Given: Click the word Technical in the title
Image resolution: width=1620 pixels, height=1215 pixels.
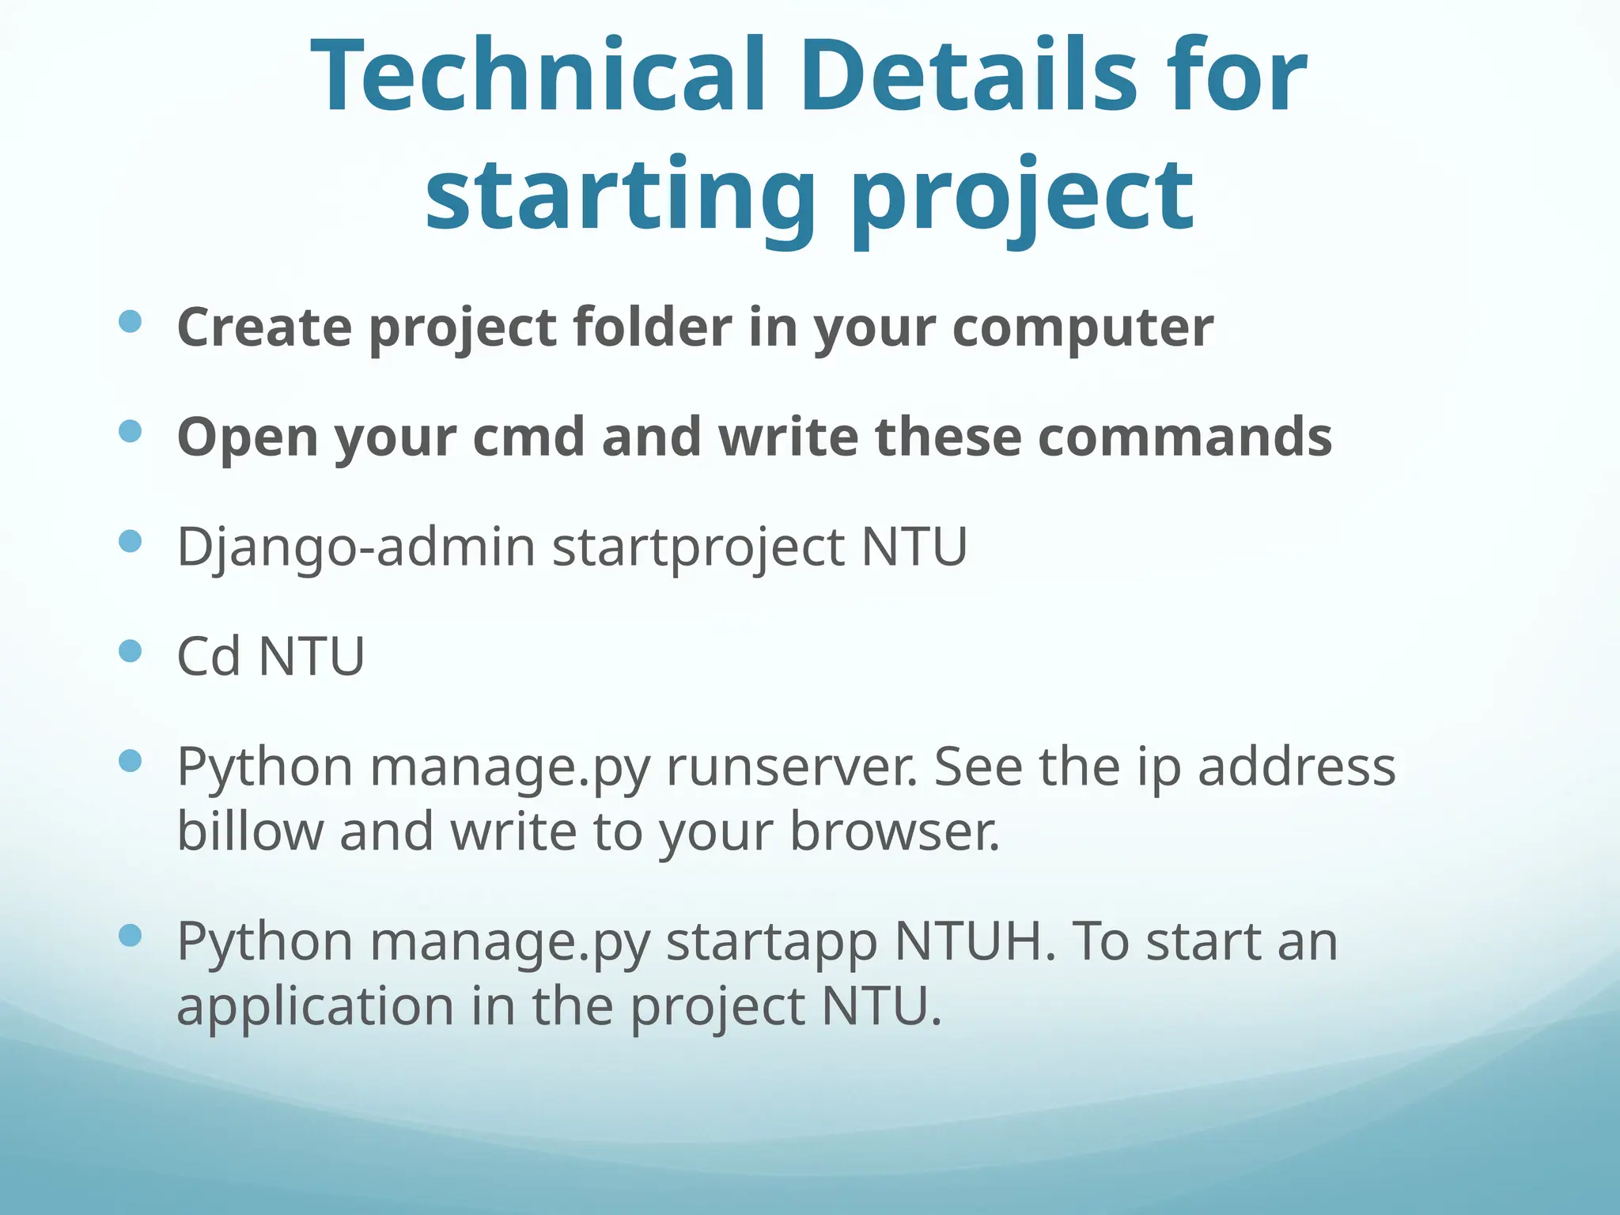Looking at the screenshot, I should click(538, 77).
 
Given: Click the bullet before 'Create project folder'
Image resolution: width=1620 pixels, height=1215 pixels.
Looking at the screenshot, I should click(130, 321).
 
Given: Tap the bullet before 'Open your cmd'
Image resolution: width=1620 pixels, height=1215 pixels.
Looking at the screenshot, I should click(130, 431).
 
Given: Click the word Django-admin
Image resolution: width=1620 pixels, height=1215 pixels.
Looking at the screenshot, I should click(356, 547).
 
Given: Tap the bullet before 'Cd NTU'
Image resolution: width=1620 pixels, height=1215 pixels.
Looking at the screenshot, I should click(130, 651).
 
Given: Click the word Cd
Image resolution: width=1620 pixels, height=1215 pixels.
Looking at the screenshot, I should click(208, 657).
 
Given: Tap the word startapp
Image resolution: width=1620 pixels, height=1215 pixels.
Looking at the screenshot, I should click(771, 943).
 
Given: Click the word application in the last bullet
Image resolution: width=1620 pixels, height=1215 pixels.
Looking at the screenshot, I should click(315, 1007).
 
